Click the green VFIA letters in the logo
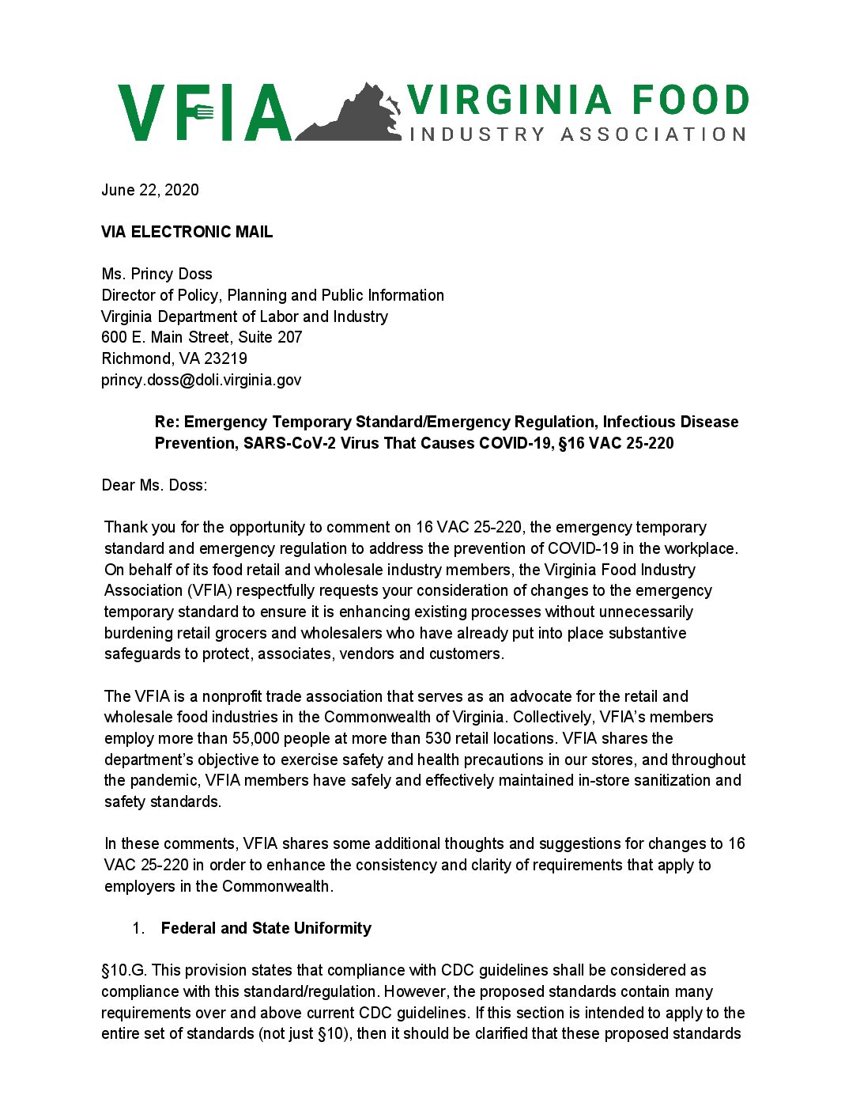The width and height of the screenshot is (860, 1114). (205, 112)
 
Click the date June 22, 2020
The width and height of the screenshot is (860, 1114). (150, 190)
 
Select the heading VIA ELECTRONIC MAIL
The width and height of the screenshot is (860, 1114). (187, 232)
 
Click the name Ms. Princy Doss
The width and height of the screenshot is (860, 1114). (157, 275)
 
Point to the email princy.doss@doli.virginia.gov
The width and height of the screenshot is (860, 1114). (201, 380)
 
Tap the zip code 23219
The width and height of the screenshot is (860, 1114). (225, 358)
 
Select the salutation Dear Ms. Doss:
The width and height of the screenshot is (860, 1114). (154, 485)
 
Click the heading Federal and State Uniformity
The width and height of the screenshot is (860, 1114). (266, 928)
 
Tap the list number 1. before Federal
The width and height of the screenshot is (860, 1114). (138, 928)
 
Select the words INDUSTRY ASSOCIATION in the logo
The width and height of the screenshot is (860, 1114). (577, 135)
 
